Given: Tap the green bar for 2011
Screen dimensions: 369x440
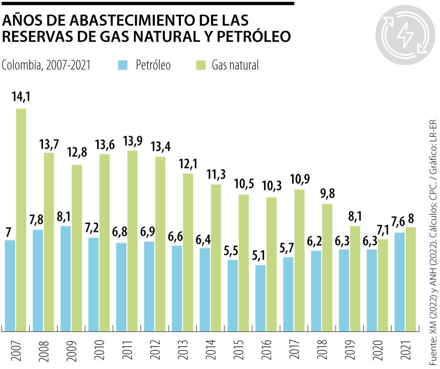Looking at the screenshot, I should (132, 241).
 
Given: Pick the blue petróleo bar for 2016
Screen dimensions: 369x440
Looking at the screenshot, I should (260, 298).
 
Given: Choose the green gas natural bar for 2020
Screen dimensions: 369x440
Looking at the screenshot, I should (383, 285).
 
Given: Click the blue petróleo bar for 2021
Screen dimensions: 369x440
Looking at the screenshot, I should (399, 282).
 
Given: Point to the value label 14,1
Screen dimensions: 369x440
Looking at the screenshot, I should (22, 98).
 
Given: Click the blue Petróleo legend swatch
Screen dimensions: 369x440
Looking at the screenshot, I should (123, 65).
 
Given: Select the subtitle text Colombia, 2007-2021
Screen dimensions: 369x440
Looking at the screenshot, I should (46, 65).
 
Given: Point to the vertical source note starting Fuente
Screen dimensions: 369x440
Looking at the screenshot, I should (433, 243).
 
